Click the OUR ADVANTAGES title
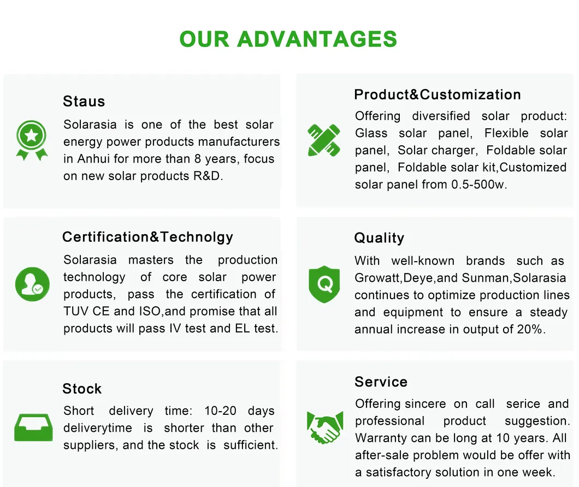(x=288, y=39)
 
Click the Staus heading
(x=84, y=102)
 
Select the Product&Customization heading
(x=437, y=94)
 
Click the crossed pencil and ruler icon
(x=324, y=139)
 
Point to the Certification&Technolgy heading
(x=147, y=237)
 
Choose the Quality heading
(x=379, y=238)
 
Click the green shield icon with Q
(x=324, y=284)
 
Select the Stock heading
(x=82, y=389)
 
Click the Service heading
(x=381, y=382)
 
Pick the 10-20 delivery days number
(x=220, y=411)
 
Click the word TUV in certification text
(x=75, y=311)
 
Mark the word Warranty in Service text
(x=381, y=438)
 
